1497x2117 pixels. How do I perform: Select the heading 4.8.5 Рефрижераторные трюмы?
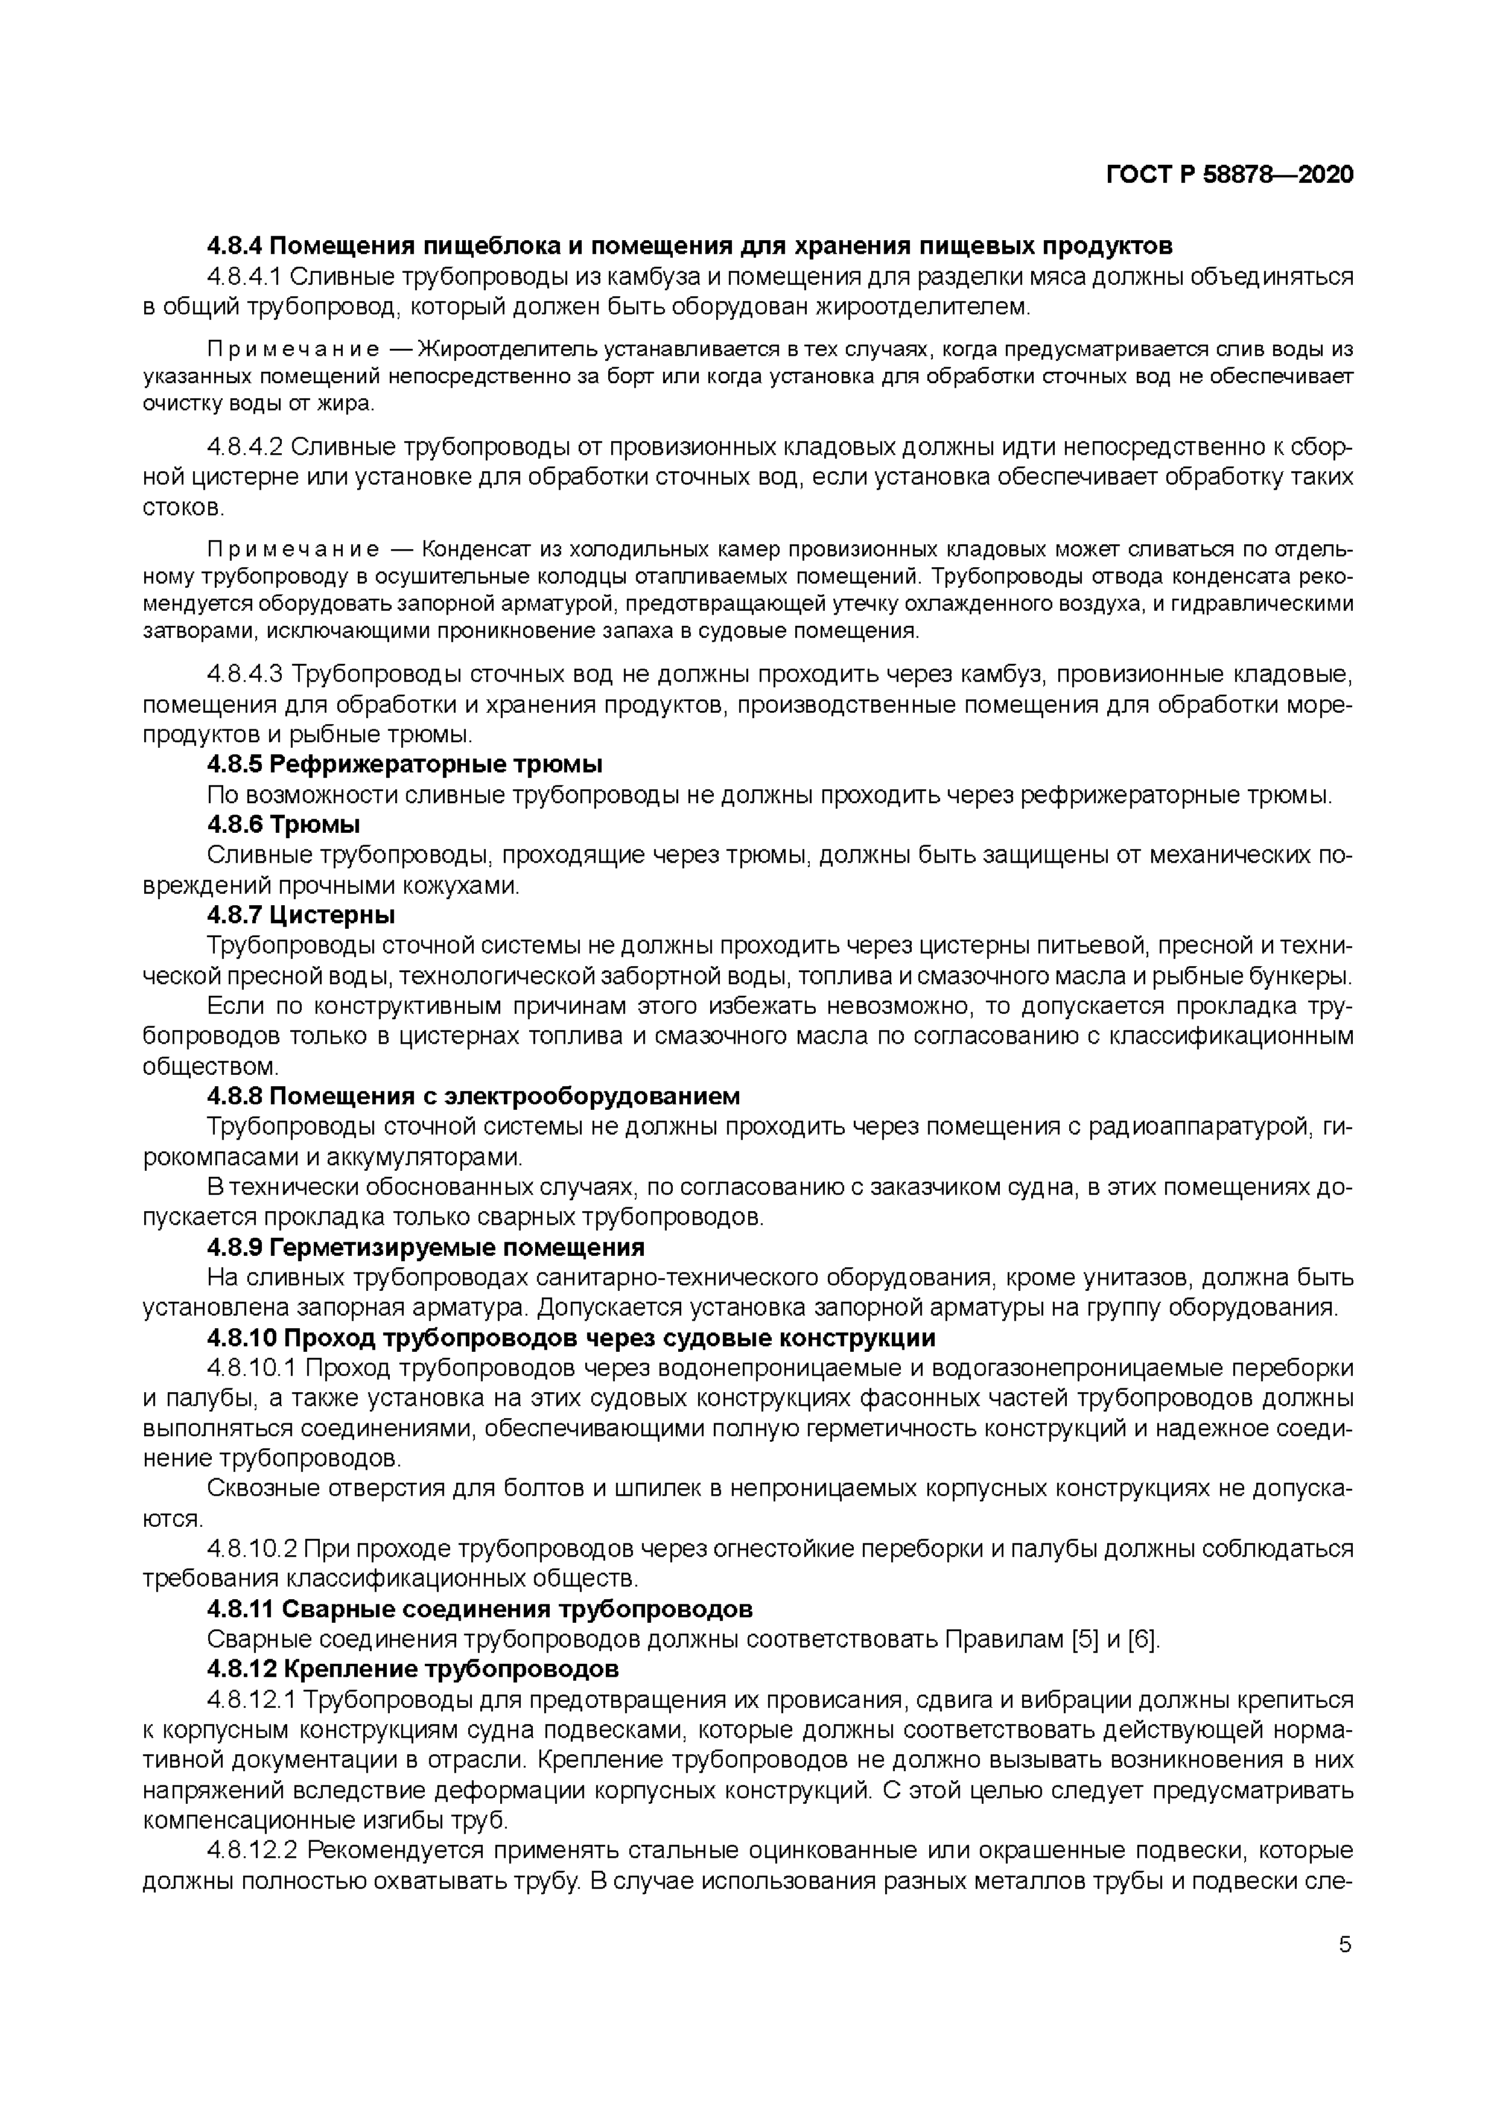[x=405, y=765]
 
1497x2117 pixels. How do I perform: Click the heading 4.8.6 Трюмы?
[x=283, y=824]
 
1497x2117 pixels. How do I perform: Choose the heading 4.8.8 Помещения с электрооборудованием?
[x=473, y=1097]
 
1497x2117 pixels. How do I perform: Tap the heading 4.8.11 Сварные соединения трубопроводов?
[x=479, y=1609]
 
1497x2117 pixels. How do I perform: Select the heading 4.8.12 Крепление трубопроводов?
[x=412, y=1669]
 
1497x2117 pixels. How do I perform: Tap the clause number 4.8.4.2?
[x=244, y=447]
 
